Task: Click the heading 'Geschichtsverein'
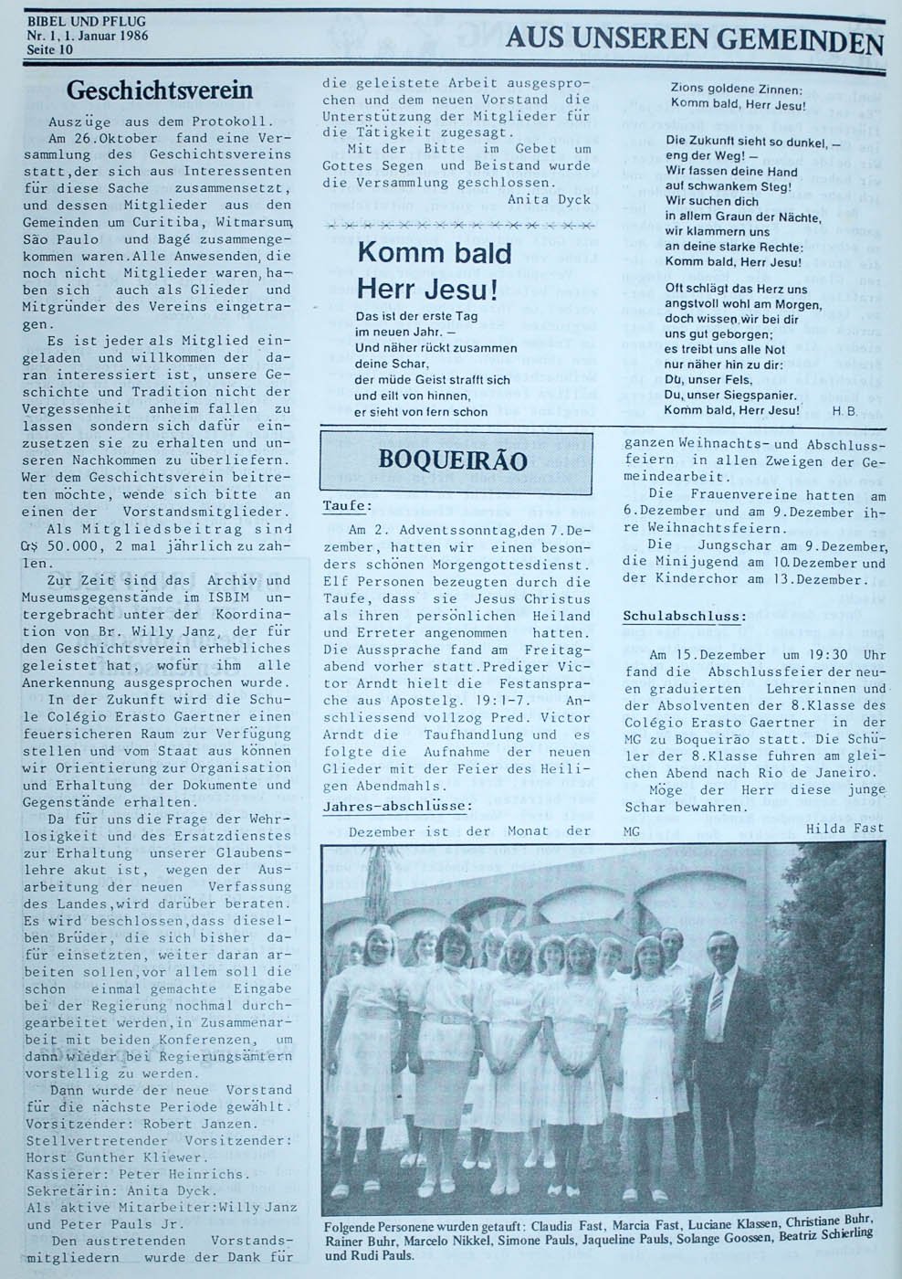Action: click(x=160, y=90)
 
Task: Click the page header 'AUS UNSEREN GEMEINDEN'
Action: click(x=694, y=40)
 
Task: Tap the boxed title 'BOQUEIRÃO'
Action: click(x=453, y=460)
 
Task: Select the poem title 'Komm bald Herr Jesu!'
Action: click(x=434, y=271)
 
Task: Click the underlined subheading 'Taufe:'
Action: click(x=347, y=505)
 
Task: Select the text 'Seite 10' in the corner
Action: click(x=50, y=49)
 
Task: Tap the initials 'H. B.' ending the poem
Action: click(x=844, y=411)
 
